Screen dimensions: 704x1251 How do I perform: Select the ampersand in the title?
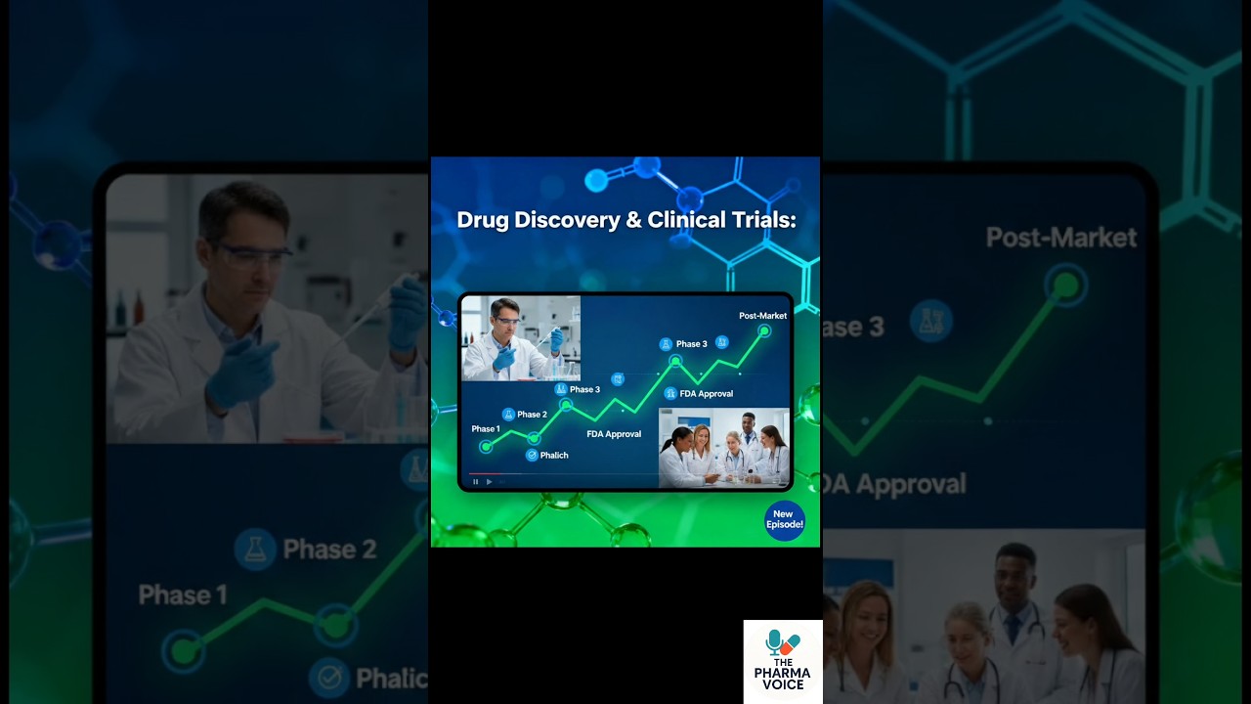(634, 220)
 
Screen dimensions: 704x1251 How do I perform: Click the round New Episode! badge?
(784, 520)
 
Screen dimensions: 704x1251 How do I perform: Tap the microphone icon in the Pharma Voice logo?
(775, 641)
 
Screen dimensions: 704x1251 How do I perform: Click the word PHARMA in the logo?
(782, 672)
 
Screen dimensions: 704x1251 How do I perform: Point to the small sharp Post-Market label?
(762, 316)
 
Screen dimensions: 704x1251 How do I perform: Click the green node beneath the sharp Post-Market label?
(764, 331)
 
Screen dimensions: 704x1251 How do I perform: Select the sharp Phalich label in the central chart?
(554, 456)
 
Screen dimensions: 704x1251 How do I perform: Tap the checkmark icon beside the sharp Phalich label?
(532, 456)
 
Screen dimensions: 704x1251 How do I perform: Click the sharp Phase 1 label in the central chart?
(486, 429)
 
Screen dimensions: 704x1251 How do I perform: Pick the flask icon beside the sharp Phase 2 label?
(508, 415)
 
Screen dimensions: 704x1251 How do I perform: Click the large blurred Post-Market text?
(1060, 238)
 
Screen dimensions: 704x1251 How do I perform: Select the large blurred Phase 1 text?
(183, 594)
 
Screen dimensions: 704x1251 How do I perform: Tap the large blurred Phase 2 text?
(329, 550)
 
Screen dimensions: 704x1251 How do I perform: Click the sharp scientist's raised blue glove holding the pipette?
(556, 339)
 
